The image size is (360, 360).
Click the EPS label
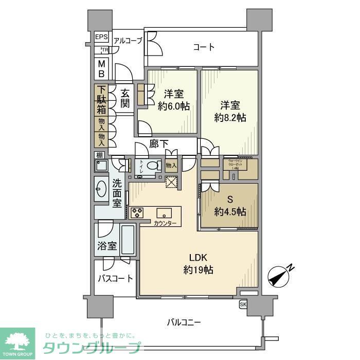coord(101,38)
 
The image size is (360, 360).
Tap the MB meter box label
coord(102,68)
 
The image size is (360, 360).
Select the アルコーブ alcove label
coord(128,41)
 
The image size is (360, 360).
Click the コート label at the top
coord(204,47)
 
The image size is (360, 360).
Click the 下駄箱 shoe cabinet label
coord(101,100)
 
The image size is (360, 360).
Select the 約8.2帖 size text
coord(230,118)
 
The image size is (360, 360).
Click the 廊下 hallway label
coord(159,145)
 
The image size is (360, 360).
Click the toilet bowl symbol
coord(153,166)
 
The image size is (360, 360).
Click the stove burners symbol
coord(137,212)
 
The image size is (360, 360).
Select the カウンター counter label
coord(165,223)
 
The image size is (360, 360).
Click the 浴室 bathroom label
coord(107,246)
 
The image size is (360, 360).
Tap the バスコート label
coord(115,279)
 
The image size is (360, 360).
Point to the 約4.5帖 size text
coord(230,212)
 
